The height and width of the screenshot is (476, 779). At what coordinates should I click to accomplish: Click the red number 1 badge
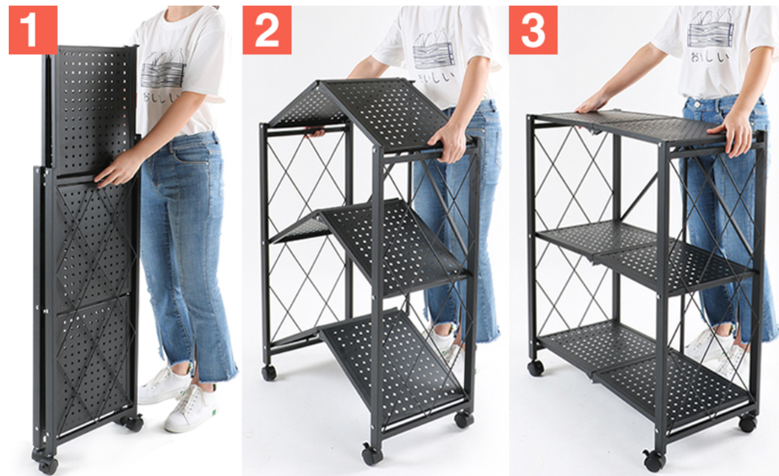tap(33, 29)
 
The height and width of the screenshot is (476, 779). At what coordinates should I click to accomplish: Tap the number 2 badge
tap(267, 29)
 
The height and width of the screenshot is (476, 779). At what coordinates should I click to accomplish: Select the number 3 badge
tap(533, 29)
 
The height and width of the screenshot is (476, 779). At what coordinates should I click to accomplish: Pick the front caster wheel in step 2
tap(372, 454)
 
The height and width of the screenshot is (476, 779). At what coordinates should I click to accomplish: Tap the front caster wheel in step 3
tap(654, 460)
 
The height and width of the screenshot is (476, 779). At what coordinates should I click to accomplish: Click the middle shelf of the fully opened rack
tap(646, 256)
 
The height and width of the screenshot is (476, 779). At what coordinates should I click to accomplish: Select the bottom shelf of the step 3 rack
tap(645, 365)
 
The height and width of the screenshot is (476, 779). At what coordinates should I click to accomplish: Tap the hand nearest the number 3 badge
tap(593, 102)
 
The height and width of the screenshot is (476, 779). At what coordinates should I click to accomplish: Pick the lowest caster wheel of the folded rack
tap(48, 465)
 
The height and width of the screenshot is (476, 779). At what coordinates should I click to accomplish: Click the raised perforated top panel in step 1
tap(93, 110)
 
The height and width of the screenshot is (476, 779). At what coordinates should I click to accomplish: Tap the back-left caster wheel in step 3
tap(536, 368)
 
